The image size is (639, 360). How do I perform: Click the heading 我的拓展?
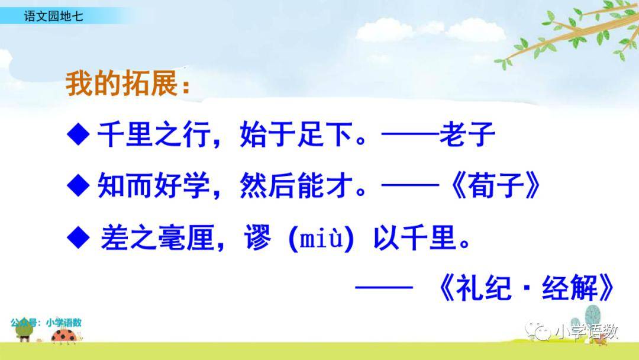coord(122,83)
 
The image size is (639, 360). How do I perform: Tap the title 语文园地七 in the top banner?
coord(53,16)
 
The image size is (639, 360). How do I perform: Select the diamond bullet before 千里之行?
coord(78,134)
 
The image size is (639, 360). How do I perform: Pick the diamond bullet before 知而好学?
coord(78,185)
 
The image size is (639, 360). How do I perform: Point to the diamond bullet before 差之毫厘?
coord(78,237)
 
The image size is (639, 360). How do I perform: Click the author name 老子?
coord(467,134)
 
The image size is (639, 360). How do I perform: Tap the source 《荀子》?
coord(495,185)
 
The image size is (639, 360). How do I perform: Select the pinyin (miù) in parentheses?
coord(321,238)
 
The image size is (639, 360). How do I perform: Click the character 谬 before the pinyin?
coord(257,237)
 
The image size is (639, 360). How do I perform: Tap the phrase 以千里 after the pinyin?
coord(414,237)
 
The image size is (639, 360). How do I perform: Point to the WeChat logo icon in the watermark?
coord(538,330)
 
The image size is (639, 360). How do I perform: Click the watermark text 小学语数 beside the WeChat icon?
coord(586,332)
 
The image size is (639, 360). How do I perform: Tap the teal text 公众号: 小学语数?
coord(46,323)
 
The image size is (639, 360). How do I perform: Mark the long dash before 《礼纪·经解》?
coord(384,287)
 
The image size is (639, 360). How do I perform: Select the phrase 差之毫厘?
coord(157,237)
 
